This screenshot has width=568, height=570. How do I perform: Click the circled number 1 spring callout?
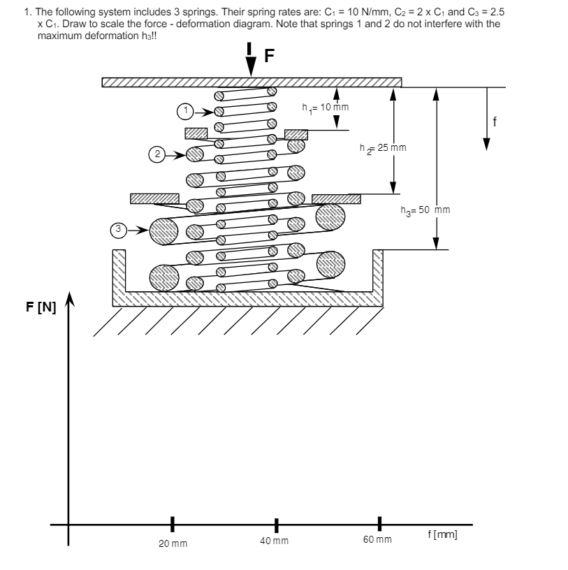pos(184,110)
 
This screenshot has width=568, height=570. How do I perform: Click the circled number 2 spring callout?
pos(158,153)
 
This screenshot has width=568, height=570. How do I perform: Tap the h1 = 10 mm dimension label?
pos(326,108)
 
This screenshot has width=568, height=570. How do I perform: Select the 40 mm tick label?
pos(274,541)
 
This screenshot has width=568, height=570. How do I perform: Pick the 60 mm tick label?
pos(377,540)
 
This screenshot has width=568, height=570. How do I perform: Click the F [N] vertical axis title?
pos(41,307)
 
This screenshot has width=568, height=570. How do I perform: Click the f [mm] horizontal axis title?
pos(442,535)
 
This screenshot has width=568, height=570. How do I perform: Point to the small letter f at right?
pos(495,122)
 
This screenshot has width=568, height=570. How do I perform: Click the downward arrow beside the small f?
pos(487,119)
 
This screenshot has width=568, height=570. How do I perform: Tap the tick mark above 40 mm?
pos(276,524)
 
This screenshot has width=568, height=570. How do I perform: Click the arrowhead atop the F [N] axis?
pos(68,298)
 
